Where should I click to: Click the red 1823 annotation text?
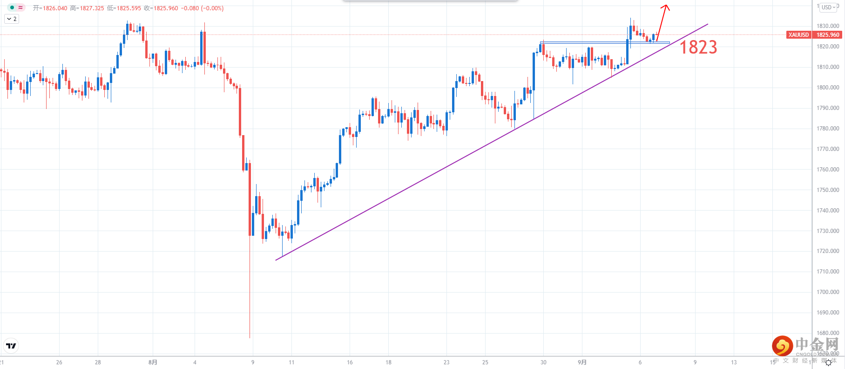[698, 48]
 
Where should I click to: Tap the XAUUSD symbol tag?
[798, 35]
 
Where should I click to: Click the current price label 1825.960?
[828, 35]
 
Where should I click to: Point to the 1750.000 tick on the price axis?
[828, 190]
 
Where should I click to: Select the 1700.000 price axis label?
[828, 292]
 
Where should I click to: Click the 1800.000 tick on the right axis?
[828, 88]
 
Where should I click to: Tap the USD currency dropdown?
[828, 7]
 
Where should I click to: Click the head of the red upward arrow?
[666, 7]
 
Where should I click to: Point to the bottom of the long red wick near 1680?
[250, 337]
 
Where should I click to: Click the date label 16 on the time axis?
[350, 362]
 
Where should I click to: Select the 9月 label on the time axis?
[582, 362]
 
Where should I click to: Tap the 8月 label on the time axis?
[153, 362]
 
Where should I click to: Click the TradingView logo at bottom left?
[11, 346]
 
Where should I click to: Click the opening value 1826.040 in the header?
[55, 8]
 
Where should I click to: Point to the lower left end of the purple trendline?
[277, 260]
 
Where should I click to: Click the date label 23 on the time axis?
[446, 362]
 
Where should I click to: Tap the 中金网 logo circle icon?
[782, 346]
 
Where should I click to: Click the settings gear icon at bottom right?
[828, 362]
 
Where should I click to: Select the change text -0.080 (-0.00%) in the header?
[202, 8]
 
